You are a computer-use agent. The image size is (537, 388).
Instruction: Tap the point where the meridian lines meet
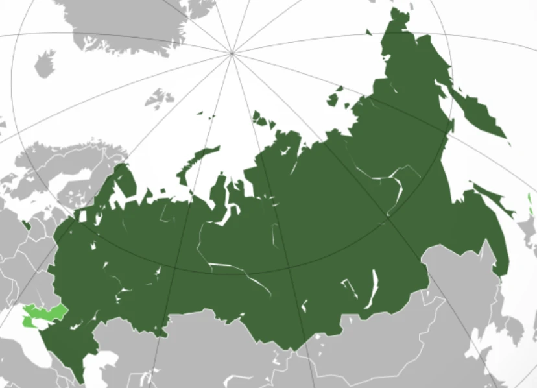coord(232,52)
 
